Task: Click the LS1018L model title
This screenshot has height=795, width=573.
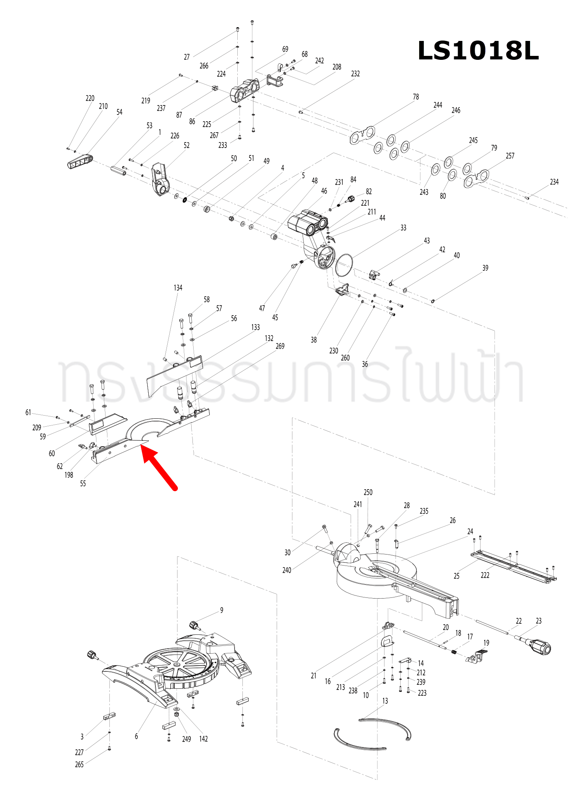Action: tap(478, 51)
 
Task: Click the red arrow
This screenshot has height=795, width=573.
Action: tap(159, 468)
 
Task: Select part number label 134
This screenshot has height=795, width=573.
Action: tap(178, 288)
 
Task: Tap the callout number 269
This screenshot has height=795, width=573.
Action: tap(280, 346)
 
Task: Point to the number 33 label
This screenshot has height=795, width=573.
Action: tap(403, 228)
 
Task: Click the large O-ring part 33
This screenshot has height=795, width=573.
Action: tap(344, 265)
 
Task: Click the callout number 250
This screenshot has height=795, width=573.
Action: tap(368, 492)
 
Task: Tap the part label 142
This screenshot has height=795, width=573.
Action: tap(203, 739)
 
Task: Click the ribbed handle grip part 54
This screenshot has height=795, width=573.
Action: tap(80, 162)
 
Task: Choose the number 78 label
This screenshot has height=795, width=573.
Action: tap(416, 97)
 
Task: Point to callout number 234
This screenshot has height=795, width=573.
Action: tap(554, 182)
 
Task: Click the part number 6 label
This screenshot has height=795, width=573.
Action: tap(137, 736)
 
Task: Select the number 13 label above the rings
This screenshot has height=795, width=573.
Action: tap(385, 701)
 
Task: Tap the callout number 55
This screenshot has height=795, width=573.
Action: tap(83, 484)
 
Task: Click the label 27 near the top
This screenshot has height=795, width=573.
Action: tap(187, 57)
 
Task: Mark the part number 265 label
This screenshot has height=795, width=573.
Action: tap(79, 764)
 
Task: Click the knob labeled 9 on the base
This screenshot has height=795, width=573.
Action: tap(194, 625)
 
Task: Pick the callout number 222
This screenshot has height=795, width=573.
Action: tap(485, 575)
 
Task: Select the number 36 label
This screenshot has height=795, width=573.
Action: tap(365, 364)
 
